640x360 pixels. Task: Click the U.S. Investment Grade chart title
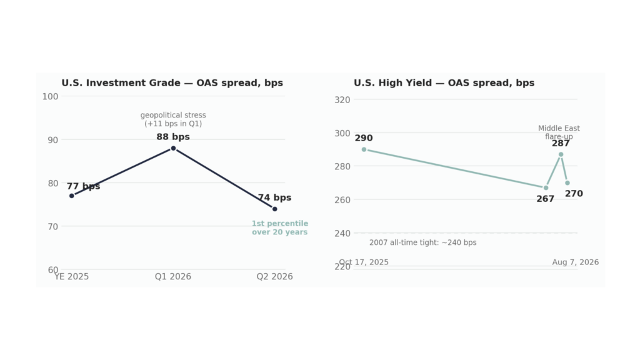point(172,83)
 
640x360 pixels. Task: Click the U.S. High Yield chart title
point(444,83)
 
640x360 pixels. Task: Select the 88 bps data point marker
point(174,149)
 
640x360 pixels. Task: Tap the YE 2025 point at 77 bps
point(72,196)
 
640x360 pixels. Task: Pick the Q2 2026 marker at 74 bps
point(275,209)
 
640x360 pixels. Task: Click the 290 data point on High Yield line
point(364,150)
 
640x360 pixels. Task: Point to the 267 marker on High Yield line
point(546,187)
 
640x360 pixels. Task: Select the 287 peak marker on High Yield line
point(561,155)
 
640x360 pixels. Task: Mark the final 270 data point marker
point(567,183)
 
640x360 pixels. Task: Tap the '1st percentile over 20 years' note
point(280,227)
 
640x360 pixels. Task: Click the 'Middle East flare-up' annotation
point(559,132)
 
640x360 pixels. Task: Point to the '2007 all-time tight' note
point(423,242)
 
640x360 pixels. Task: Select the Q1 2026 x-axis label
point(173,277)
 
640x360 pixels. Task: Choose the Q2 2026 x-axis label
point(275,277)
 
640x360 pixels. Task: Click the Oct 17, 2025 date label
point(364,262)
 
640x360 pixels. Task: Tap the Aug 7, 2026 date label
point(576,262)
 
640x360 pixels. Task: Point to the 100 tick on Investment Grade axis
point(50,97)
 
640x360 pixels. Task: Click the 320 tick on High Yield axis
point(342,100)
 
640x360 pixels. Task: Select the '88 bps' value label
point(173,137)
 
